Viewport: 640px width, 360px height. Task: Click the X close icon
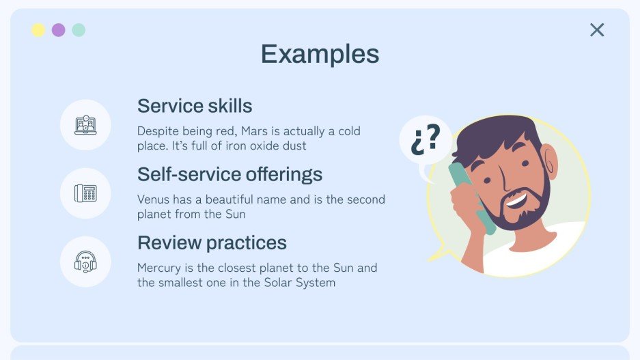coord(597,30)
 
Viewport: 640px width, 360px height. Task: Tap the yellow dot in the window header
coord(38,30)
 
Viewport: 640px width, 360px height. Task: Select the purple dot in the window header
coord(59,30)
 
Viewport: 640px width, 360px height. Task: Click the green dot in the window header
coord(79,30)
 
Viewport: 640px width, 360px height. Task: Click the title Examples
coord(320,54)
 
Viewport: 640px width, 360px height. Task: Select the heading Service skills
coord(195,107)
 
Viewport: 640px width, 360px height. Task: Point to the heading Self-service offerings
coord(229,174)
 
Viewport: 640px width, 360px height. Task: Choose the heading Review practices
coord(212,243)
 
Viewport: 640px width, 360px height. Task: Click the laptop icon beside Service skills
coord(85,125)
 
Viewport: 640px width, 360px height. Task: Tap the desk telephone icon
coord(85,193)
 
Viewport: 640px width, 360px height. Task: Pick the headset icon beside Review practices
coord(85,262)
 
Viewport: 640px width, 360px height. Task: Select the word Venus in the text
coord(153,199)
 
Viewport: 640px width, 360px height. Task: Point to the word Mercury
coord(159,268)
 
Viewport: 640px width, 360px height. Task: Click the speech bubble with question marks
coord(425,140)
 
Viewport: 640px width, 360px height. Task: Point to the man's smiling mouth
coord(516,201)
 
